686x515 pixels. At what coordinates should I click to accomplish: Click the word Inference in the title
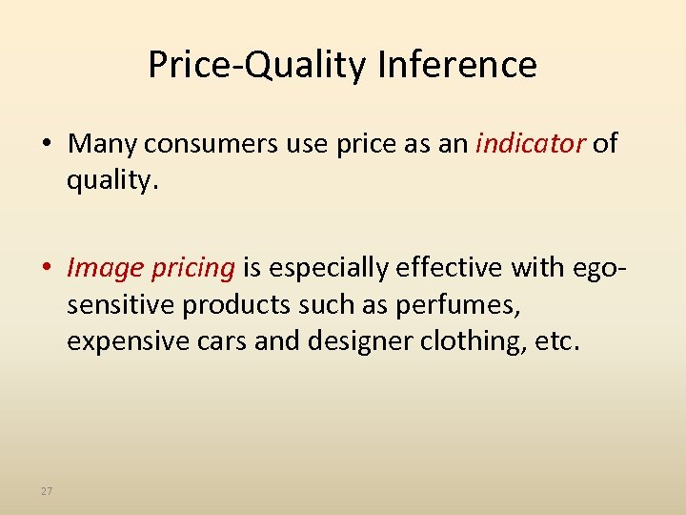pyautogui.click(x=457, y=65)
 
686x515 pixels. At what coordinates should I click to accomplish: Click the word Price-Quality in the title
pyautogui.click(x=257, y=65)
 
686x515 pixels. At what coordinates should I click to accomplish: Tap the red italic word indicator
pyautogui.click(x=530, y=144)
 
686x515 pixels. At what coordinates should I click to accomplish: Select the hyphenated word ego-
pyautogui.click(x=593, y=269)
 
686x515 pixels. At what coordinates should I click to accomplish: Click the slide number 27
pyautogui.click(x=47, y=491)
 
